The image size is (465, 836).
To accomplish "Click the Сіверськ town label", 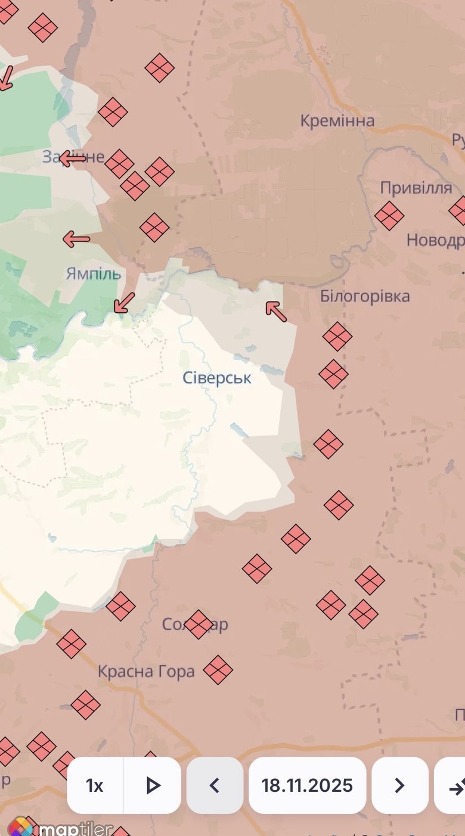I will (x=217, y=378).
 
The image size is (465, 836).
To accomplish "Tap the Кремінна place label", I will (x=337, y=121).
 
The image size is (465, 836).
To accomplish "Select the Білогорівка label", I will (x=365, y=296).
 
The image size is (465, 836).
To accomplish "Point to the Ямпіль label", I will (x=94, y=274).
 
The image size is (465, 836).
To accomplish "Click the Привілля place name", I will (x=416, y=188).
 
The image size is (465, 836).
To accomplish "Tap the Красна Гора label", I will (x=146, y=672).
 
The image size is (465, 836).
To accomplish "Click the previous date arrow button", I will (x=215, y=785).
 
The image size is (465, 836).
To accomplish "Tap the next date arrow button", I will (x=399, y=785).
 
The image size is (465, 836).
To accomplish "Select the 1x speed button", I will (x=95, y=785).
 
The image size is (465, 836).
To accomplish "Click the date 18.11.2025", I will (x=307, y=785).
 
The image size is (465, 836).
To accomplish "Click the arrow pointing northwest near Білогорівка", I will (x=275, y=311).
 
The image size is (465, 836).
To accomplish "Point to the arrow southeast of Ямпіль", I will (x=124, y=303).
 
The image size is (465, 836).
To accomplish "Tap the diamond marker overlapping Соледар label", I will (x=199, y=624).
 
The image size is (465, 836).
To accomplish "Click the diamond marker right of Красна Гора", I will (x=218, y=670).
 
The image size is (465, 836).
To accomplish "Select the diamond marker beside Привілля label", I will (x=389, y=215).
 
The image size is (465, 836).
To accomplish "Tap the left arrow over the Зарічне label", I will (x=73, y=159).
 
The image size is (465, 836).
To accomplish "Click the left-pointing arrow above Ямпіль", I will (x=76, y=240).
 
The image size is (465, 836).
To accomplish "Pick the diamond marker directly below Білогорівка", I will (x=337, y=336).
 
